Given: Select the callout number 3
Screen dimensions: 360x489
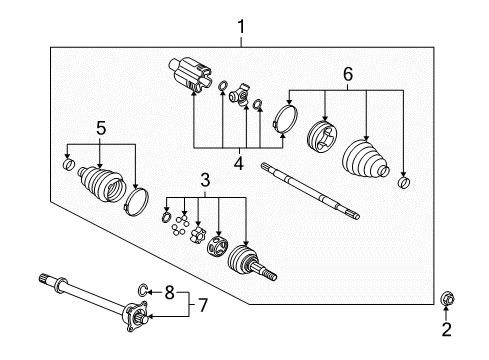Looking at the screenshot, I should [x=204, y=180].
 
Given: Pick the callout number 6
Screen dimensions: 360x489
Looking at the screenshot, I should [x=348, y=74].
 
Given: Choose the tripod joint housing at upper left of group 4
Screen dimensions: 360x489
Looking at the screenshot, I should [x=190, y=76].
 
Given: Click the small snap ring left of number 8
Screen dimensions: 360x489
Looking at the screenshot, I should [x=144, y=292].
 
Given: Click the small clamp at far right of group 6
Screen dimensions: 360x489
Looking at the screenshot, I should [x=403, y=182].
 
